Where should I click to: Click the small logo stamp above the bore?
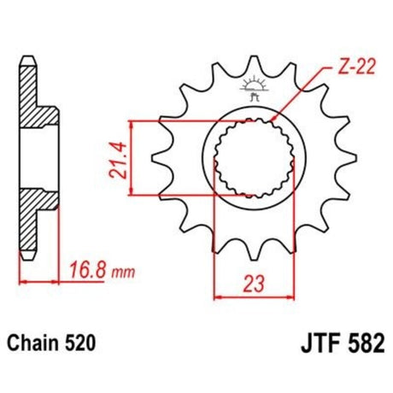(x=253, y=88)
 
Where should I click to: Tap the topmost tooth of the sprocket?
(x=253, y=66)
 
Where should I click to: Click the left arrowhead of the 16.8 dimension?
(x=22, y=280)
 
